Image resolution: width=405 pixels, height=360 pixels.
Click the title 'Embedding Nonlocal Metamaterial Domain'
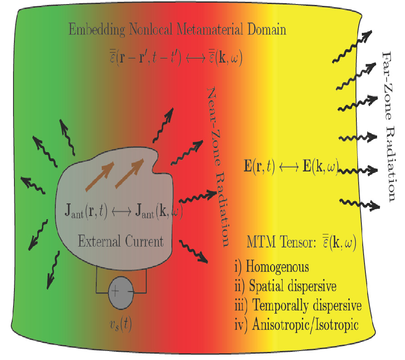coord(177,30)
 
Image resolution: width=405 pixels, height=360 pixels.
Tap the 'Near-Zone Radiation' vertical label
coord(218,166)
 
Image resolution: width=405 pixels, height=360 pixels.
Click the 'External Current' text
coord(121,241)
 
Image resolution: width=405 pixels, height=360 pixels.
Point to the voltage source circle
coord(121,292)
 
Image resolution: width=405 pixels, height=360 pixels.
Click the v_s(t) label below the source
coord(121,323)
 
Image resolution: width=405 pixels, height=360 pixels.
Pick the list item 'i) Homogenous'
coord(271,266)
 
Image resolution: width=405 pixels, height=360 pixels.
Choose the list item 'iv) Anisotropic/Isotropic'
coord(297,325)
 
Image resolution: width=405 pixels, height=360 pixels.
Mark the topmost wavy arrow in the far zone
coord(352,46)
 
